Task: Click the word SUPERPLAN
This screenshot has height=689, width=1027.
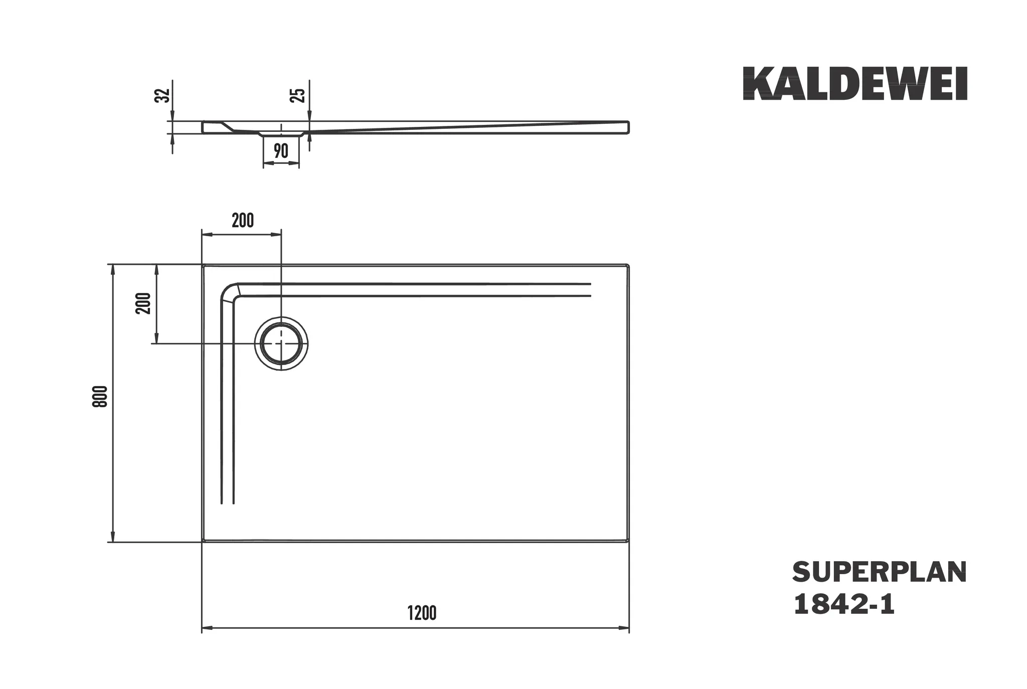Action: click(879, 572)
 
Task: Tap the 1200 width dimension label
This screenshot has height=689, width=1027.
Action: click(422, 613)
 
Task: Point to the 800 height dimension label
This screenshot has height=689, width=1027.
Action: click(100, 396)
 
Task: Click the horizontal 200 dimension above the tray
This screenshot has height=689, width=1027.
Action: click(243, 220)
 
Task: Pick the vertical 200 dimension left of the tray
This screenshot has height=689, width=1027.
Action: click(143, 303)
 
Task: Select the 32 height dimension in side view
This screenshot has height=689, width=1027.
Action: click(161, 95)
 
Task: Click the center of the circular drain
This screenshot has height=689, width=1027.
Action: click(281, 343)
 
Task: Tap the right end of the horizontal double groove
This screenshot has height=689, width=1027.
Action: click(590, 290)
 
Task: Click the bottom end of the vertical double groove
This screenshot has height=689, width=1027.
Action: click(228, 502)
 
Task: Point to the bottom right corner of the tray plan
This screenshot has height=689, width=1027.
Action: click(628, 541)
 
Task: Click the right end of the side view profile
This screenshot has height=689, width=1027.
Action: click(628, 127)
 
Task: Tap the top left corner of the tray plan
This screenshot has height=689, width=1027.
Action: click(203, 265)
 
